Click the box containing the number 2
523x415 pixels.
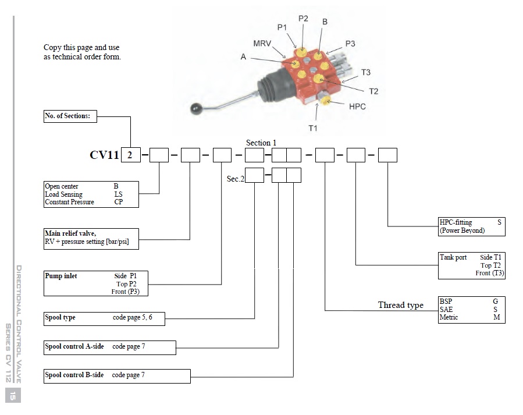point(130,155)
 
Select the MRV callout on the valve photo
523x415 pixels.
point(262,44)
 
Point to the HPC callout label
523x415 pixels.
point(357,107)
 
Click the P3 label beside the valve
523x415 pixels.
point(350,44)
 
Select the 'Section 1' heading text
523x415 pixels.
point(261,143)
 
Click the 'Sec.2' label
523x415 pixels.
point(235,179)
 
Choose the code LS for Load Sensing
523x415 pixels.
point(118,194)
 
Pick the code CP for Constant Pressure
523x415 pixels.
point(119,203)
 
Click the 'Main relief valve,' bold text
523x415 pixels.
point(70,234)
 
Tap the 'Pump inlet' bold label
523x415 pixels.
point(61,276)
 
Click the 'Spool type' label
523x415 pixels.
point(61,318)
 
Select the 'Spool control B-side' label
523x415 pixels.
point(74,375)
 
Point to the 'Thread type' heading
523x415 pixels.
point(400,305)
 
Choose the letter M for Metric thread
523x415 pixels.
point(496,317)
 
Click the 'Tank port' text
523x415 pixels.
point(453,257)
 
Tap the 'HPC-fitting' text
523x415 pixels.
point(456,222)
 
